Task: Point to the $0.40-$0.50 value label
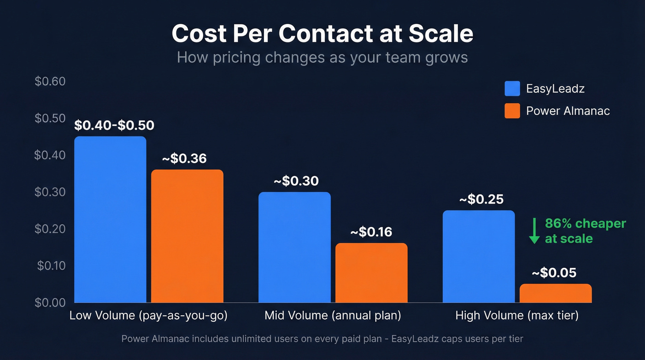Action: tap(114, 125)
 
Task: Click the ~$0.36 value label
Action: tap(184, 159)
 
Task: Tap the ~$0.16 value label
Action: tap(371, 232)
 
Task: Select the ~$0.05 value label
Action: tap(554, 273)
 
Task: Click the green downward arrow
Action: tap(534, 231)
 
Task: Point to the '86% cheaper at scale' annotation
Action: tap(585, 231)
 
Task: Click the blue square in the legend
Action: tap(512, 89)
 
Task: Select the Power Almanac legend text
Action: tap(568, 111)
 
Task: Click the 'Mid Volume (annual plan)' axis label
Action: tap(333, 316)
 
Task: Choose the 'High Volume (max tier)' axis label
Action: tap(517, 316)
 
